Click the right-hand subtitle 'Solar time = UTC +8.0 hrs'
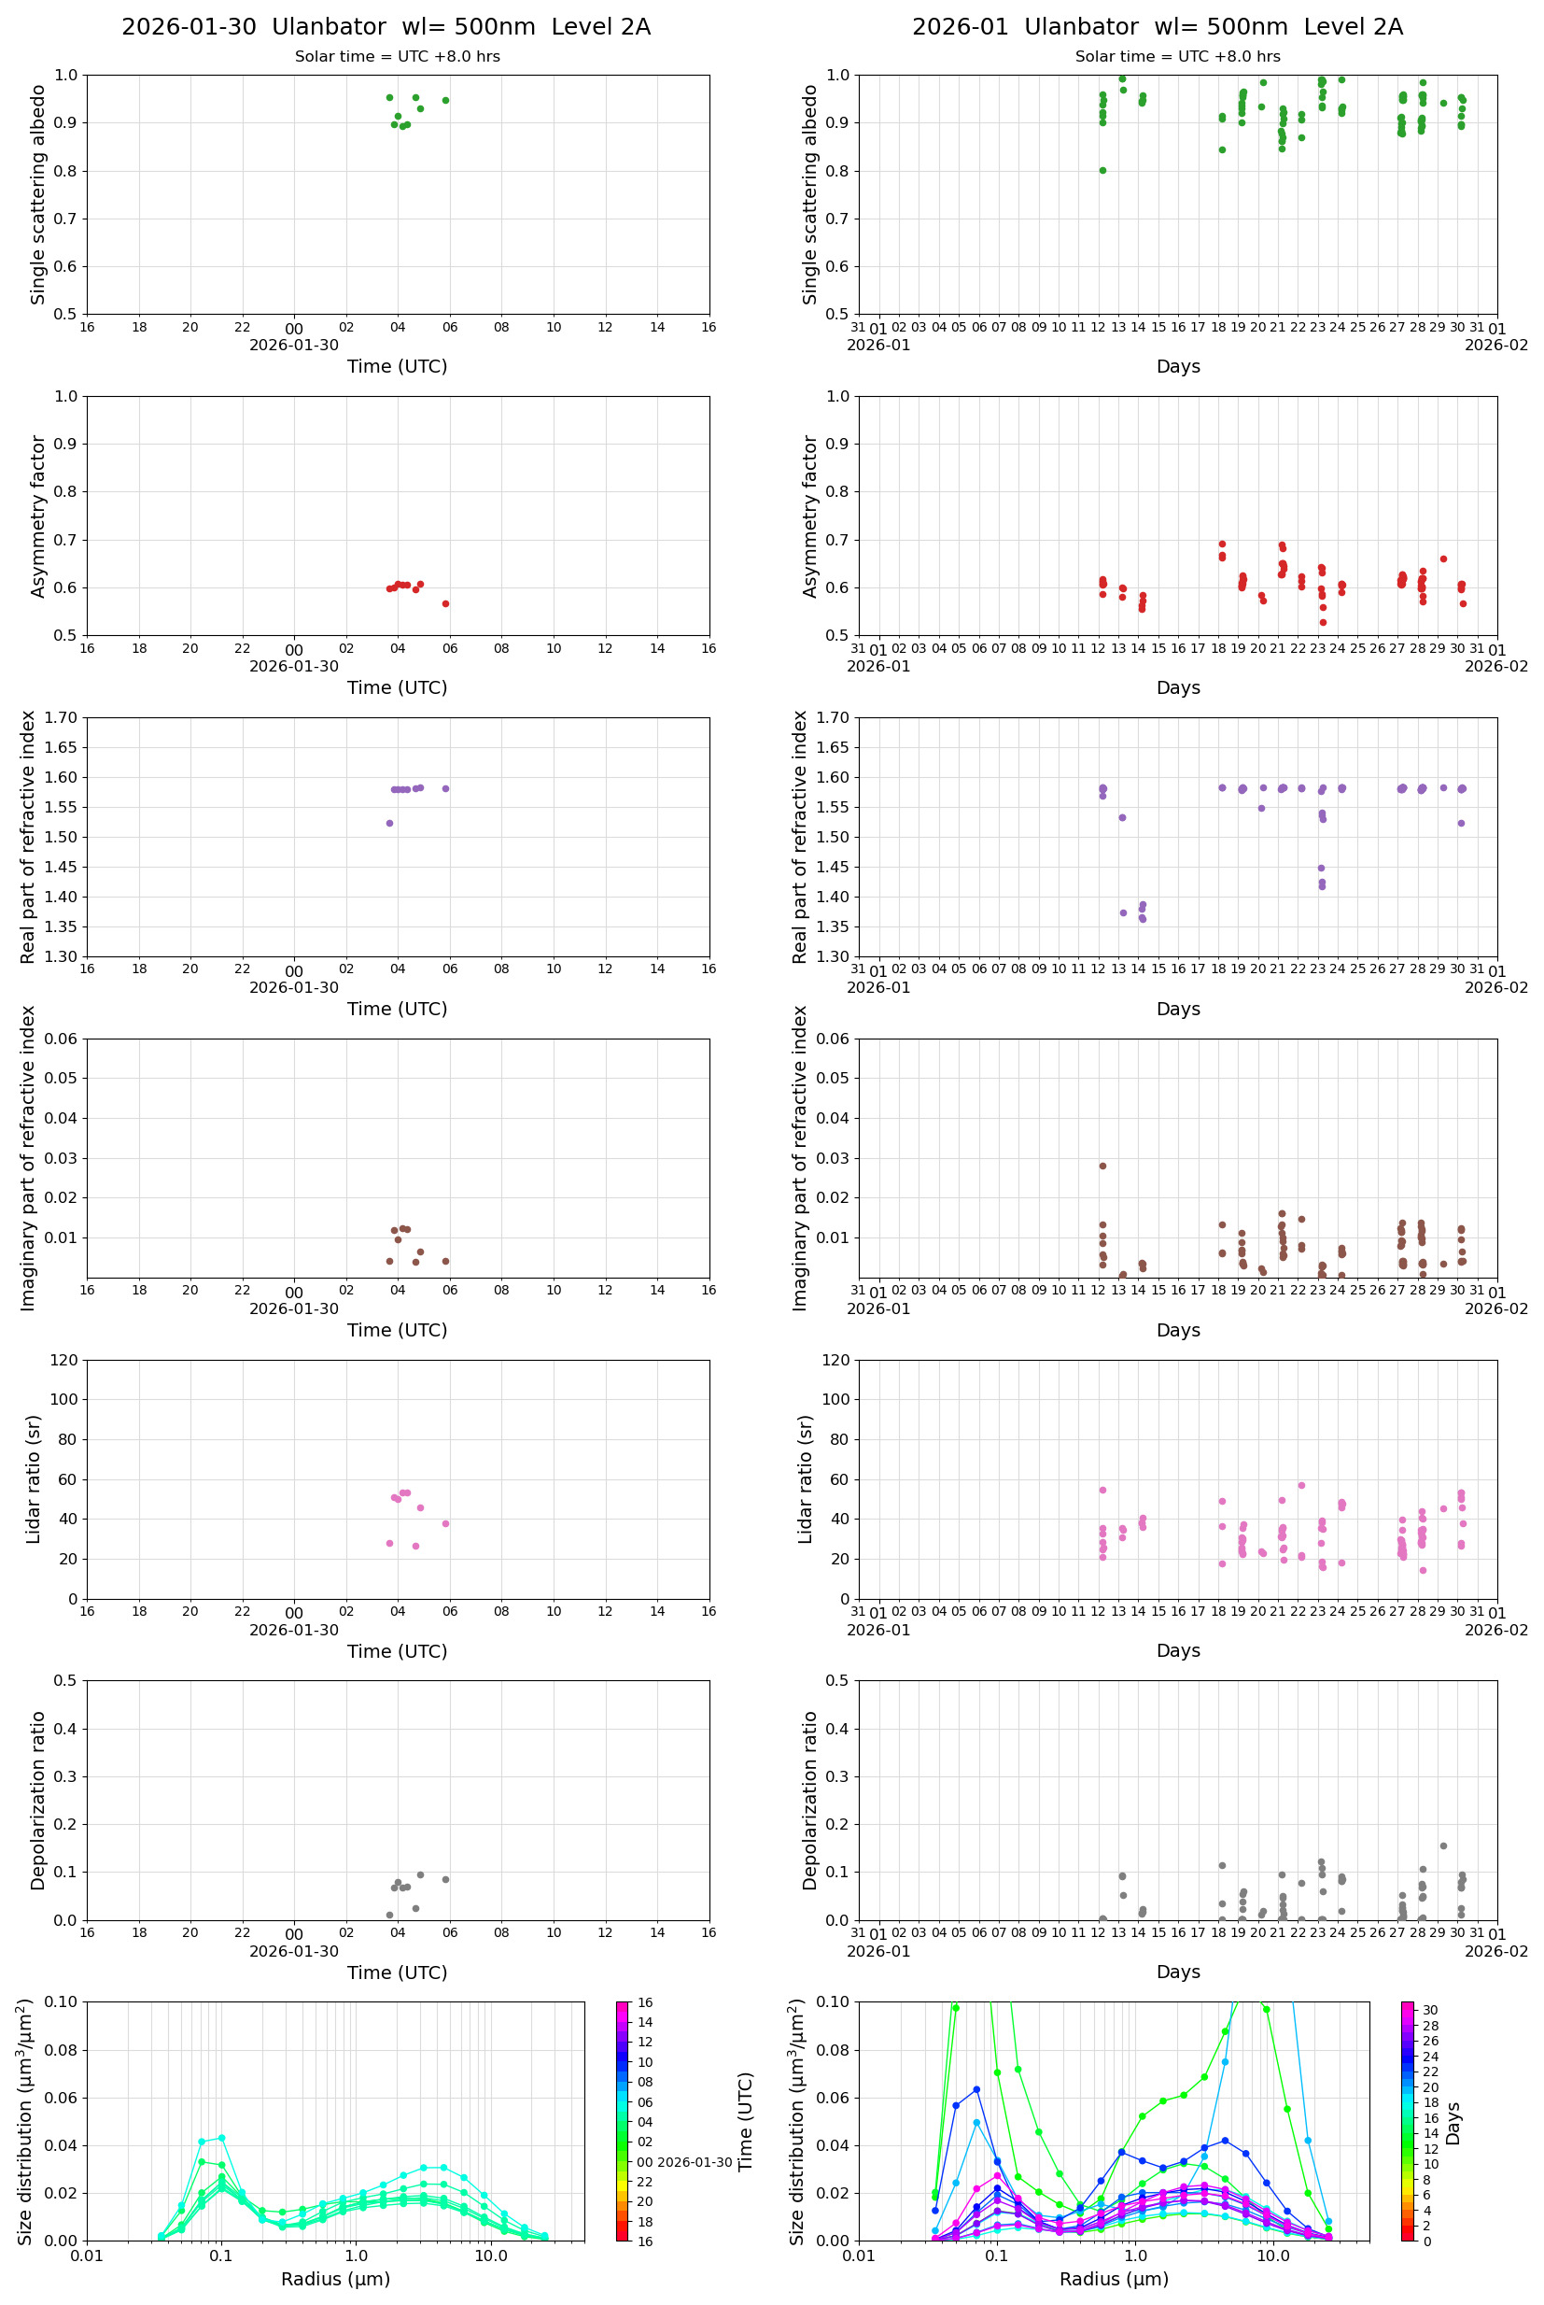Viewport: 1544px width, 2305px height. click(1178, 56)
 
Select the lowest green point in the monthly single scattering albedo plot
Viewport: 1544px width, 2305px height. click(1102, 170)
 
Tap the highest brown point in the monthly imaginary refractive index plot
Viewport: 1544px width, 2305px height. click(1102, 1166)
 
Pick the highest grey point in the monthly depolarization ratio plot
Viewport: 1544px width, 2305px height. click(1443, 1846)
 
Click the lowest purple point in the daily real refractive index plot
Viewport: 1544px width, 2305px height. click(389, 823)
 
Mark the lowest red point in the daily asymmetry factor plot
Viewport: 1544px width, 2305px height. click(445, 604)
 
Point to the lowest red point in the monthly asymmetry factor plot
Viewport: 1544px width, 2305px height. click(1323, 623)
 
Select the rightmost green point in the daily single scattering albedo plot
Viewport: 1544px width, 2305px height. click(445, 100)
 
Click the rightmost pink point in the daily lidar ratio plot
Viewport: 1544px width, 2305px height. click(445, 1523)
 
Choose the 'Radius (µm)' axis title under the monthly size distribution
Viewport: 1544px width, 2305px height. click(1114, 2279)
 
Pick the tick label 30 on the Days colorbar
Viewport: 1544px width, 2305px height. click(1430, 2011)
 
